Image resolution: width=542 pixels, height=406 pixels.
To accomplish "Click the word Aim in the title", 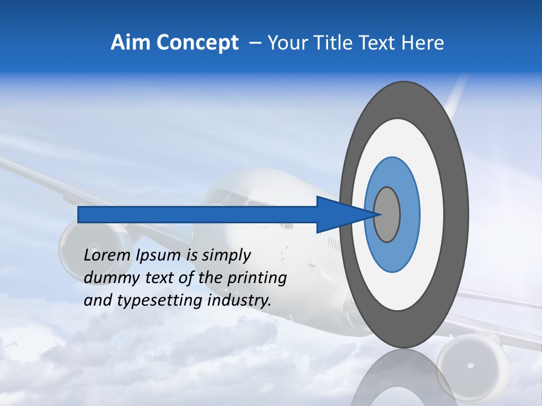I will tap(130, 43).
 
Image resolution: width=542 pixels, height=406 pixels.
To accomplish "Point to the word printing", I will tap(257, 279).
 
